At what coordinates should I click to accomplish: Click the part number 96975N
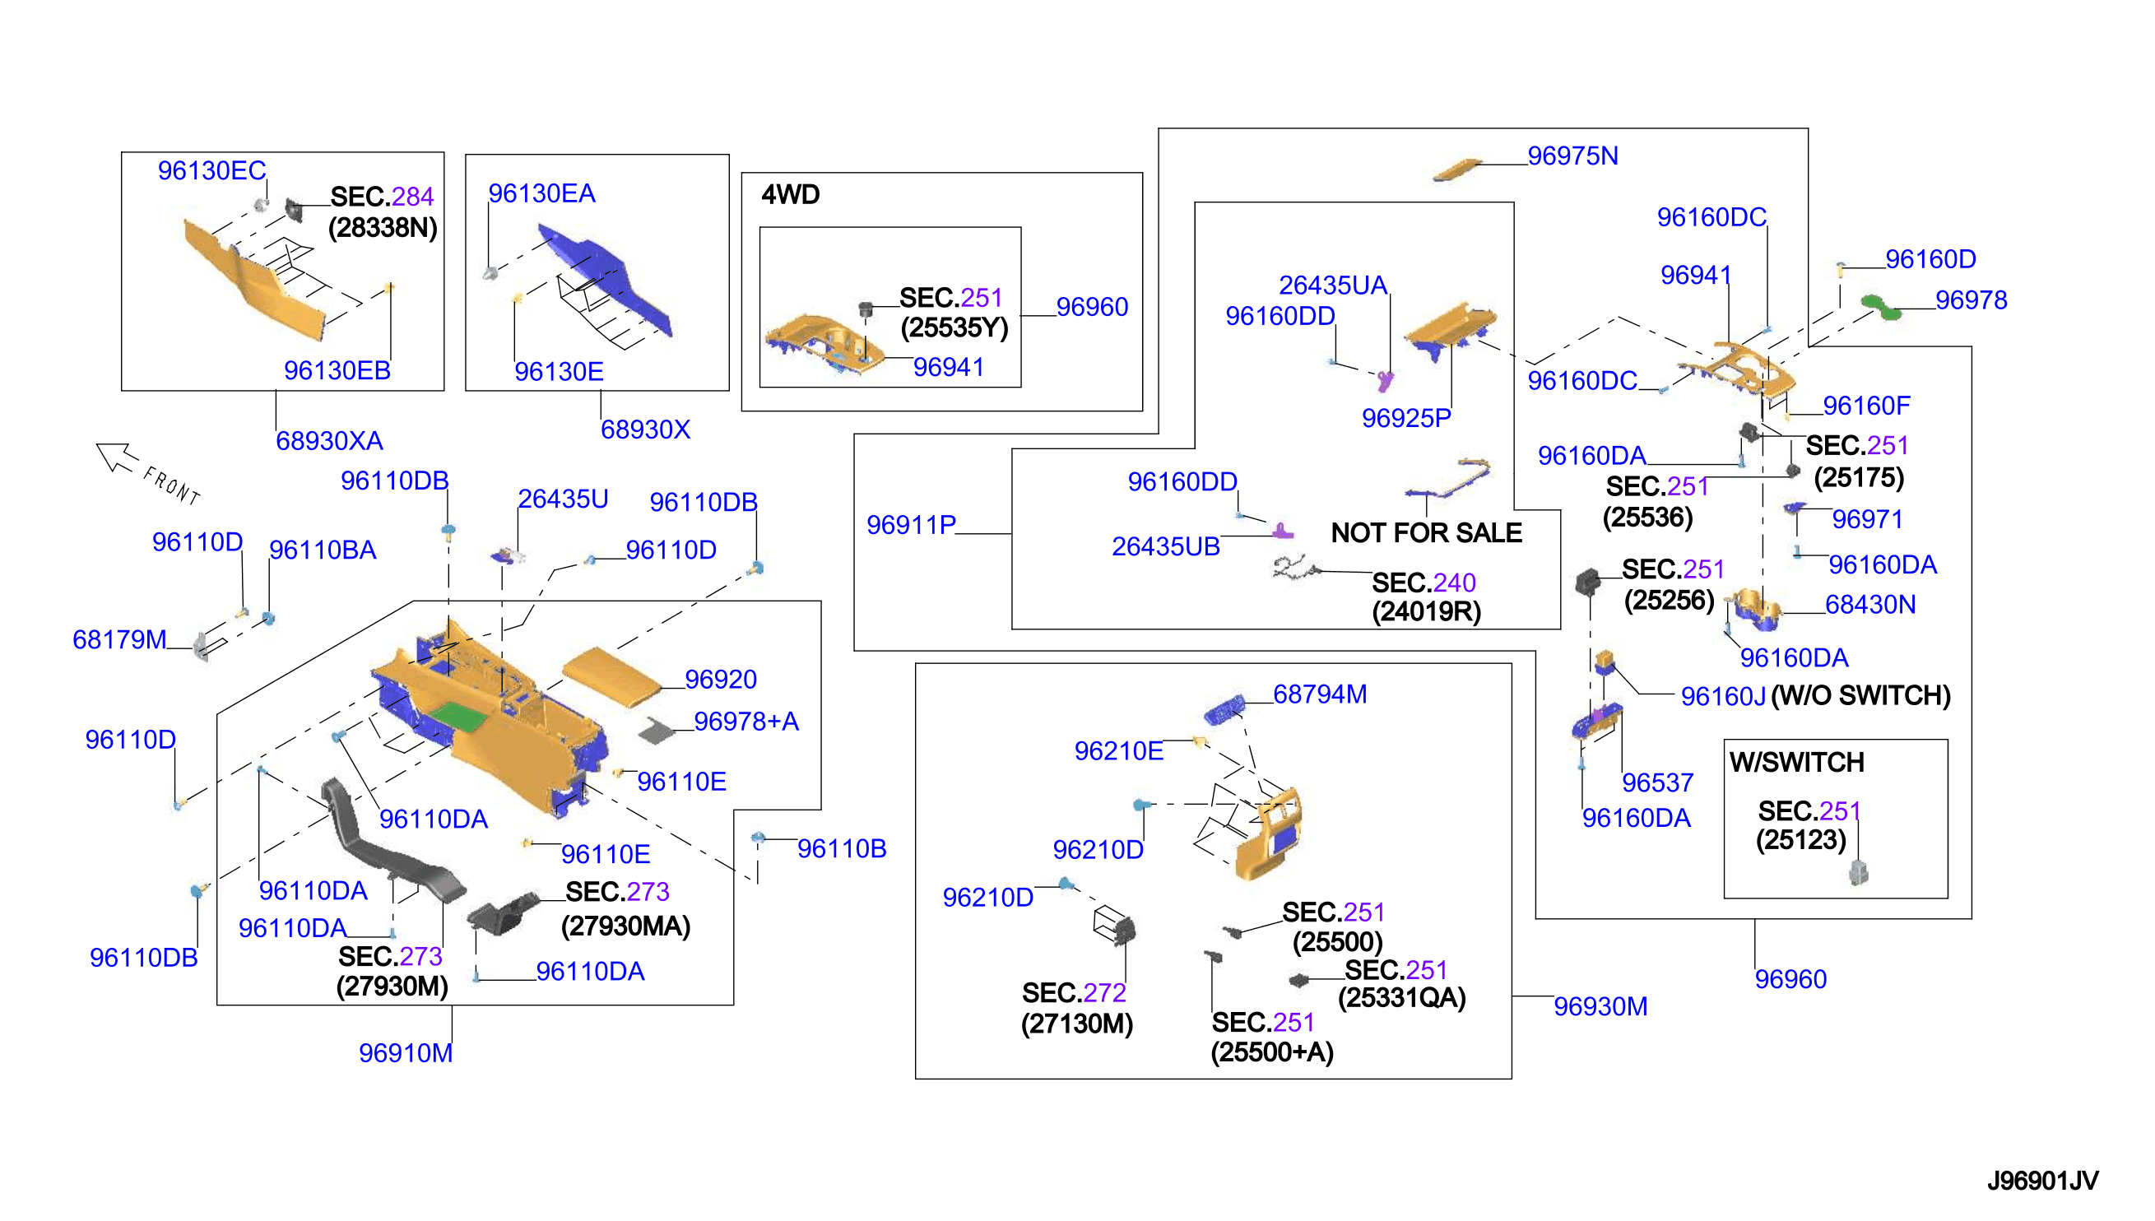[x=1572, y=156]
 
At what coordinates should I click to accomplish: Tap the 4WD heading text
[x=790, y=194]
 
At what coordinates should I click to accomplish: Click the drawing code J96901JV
[x=2041, y=1181]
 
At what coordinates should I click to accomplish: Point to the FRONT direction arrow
[x=118, y=457]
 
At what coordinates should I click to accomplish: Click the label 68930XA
[x=329, y=440]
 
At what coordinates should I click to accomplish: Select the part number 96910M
[x=406, y=1052]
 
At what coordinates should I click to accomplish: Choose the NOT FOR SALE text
[x=1425, y=532]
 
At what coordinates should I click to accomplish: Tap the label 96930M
[x=1600, y=1006]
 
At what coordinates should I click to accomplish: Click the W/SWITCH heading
[x=1796, y=761]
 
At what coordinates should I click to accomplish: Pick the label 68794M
[x=1320, y=694]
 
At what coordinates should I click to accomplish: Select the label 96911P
[x=911, y=525]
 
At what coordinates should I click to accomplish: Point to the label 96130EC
[x=211, y=170]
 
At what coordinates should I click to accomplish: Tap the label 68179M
[x=119, y=640]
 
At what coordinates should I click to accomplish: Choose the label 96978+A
[x=745, y=722]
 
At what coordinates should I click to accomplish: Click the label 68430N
[x=1870, y=605]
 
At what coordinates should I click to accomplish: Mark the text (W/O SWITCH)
[x=1860, y=695]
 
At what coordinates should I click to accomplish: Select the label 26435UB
[x=1166, y=547]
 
